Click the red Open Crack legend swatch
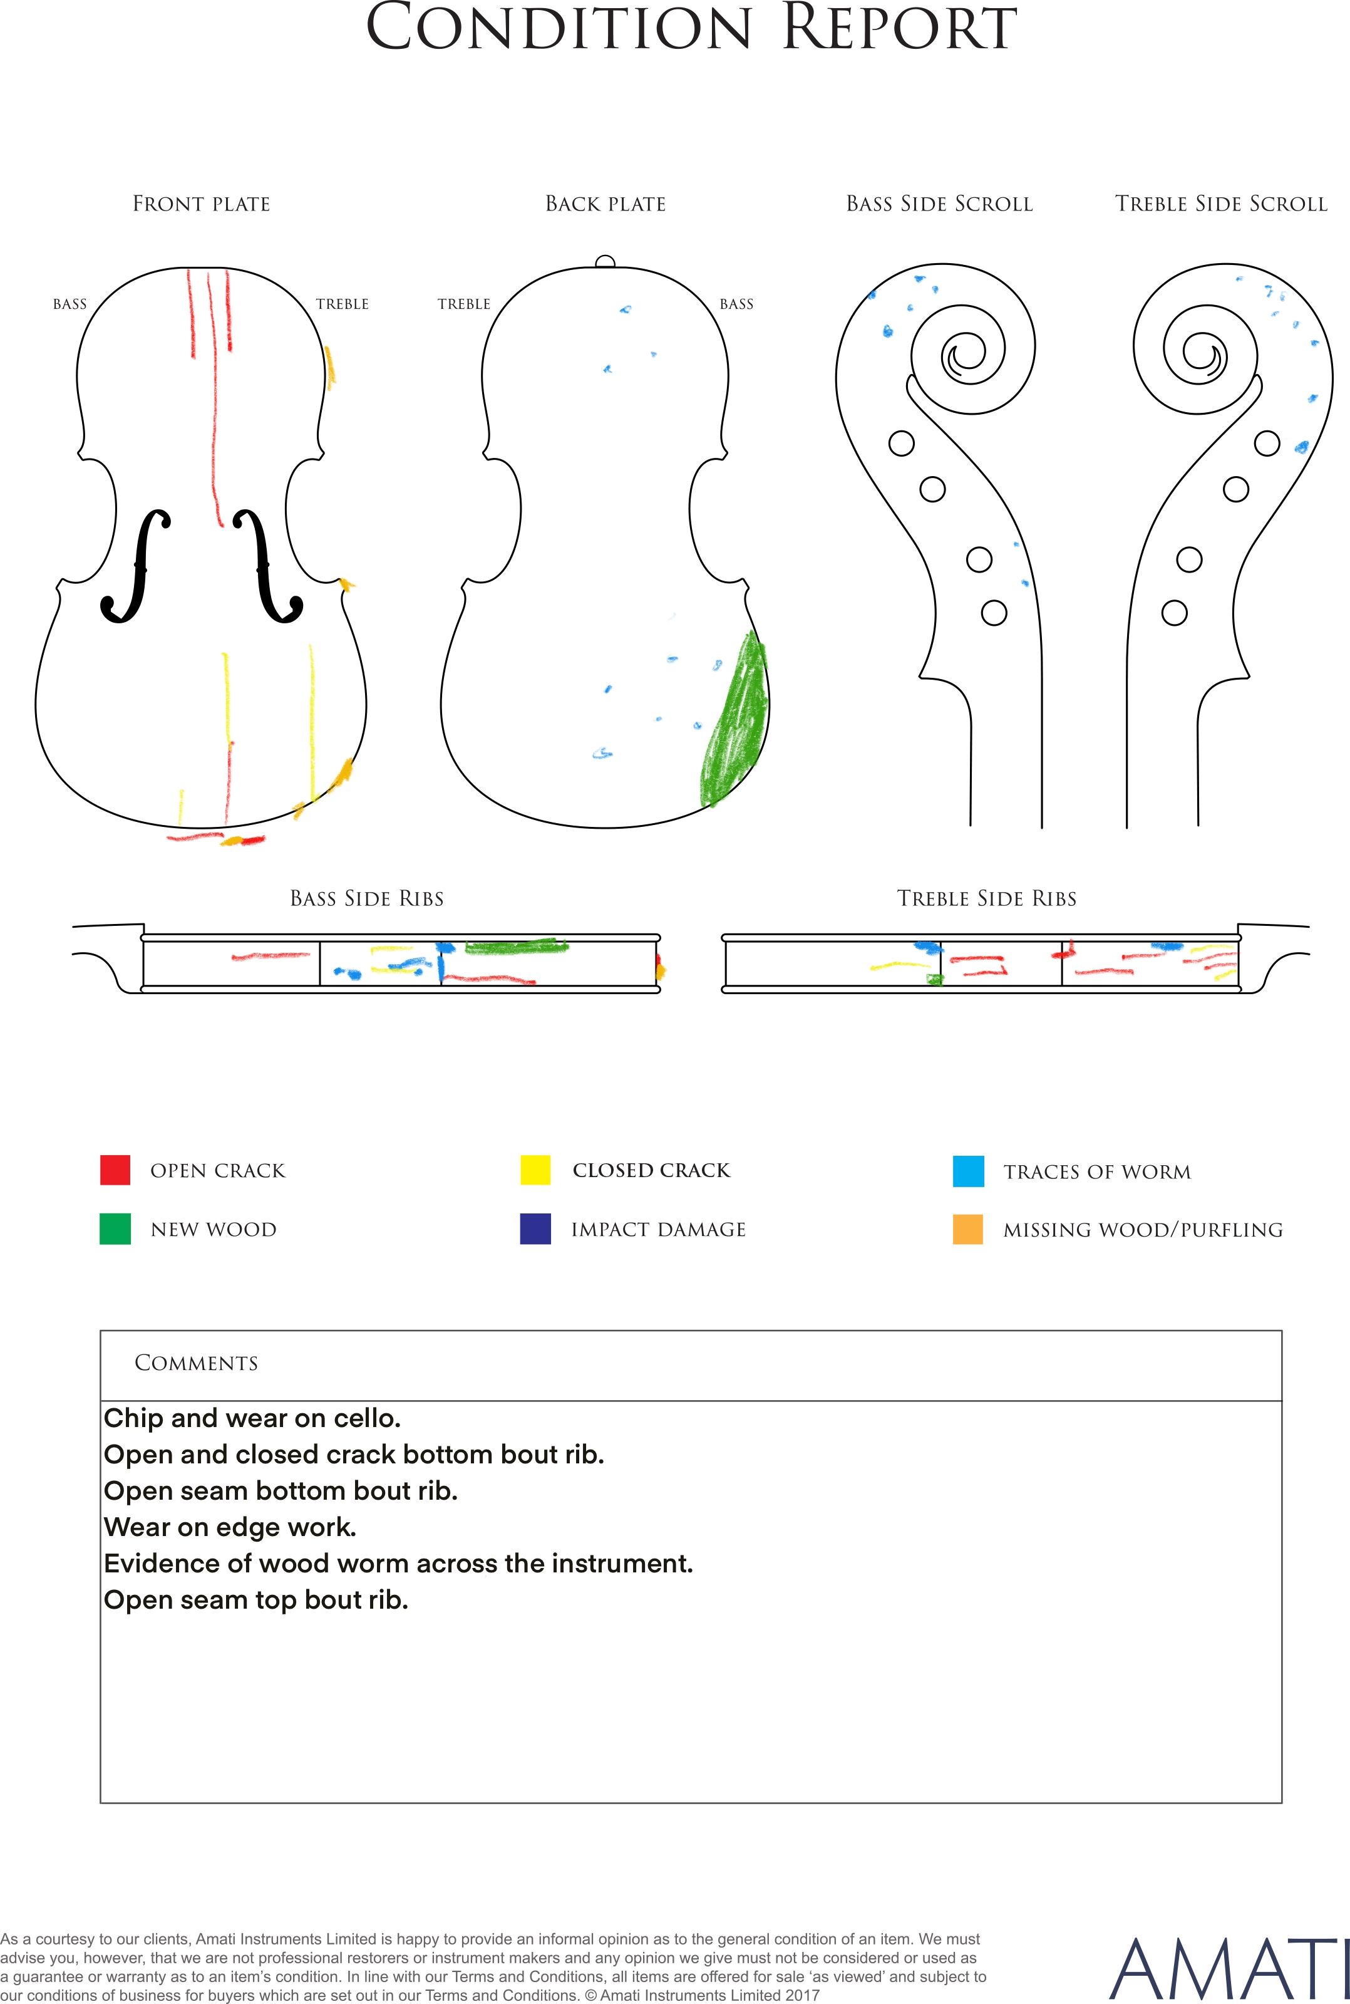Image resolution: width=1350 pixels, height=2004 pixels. coord(115,1170)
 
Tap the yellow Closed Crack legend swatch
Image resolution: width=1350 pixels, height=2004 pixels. coord(535,1170)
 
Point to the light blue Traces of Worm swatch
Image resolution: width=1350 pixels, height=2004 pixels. coord(968,1171)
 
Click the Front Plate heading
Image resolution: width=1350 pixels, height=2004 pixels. coord(202,204)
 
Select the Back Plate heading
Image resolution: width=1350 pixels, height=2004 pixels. coord(605,204)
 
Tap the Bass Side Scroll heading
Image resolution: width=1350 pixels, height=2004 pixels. coord(939,204)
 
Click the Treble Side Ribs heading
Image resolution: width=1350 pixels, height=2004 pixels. coord(987,899)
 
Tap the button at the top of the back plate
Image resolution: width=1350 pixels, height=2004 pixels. coord(605,262)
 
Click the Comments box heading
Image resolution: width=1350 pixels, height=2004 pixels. coord(197,1363)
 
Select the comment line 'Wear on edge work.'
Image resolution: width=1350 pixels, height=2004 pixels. coord(230,1527)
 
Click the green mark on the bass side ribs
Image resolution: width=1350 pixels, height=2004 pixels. coord(517,947)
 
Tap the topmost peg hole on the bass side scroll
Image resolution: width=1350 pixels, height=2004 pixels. coord(902,444)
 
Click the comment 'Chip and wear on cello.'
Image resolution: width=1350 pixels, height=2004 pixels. coord(252,1418)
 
